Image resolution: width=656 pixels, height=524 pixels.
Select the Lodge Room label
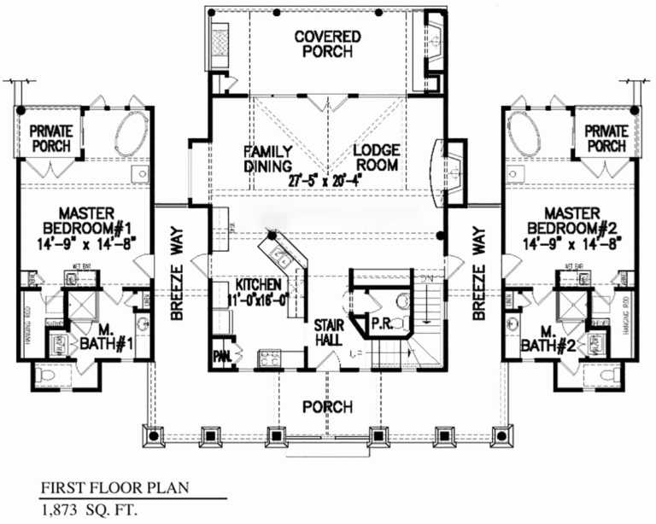point(377,158)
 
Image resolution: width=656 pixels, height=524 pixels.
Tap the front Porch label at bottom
point(327,407)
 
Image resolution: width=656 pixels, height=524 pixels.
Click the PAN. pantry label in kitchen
point(221,353)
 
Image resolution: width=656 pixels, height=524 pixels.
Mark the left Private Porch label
point(51,138)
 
